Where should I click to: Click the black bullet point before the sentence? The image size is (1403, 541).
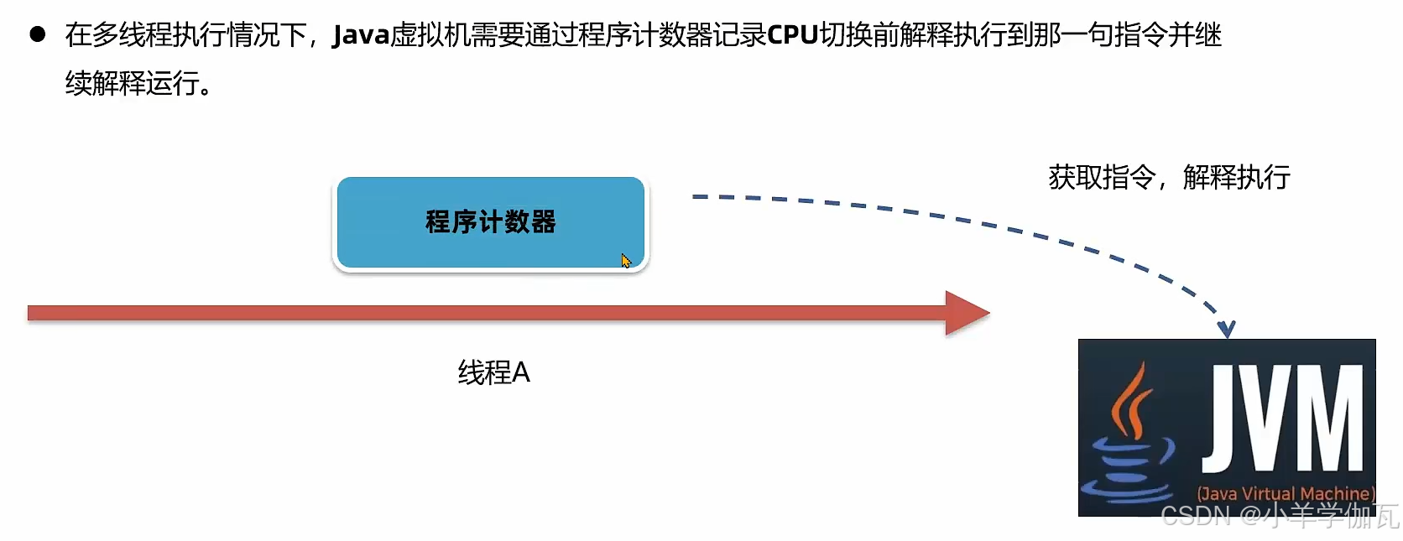pos(38,34)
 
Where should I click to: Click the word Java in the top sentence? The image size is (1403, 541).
pos(361,35)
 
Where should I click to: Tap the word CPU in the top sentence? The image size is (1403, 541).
pos(792,35)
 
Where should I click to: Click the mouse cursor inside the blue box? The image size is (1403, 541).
pos(626,261)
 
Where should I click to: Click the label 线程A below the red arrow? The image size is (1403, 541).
pos(493,372)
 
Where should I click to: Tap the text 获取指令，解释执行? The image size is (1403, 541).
pos(1169,177)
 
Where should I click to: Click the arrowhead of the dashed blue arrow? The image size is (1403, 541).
pos(1227,329)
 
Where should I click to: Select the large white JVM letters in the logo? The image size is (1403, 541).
pos(1284,419)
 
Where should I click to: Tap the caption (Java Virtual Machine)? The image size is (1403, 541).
pos(1286,493)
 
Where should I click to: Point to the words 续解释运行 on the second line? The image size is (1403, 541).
pos(132,83)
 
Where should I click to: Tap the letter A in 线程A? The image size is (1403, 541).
pos(520,372)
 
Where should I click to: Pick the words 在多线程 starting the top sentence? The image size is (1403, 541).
pos(118,35)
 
